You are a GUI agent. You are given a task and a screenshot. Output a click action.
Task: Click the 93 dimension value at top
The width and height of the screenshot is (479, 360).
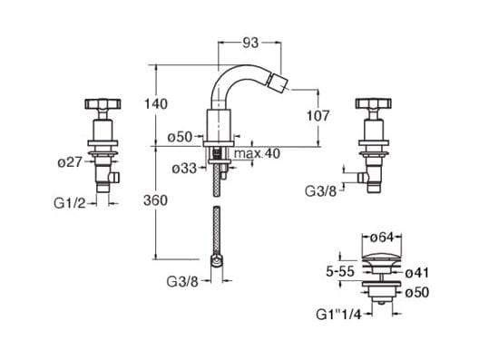[250, 43]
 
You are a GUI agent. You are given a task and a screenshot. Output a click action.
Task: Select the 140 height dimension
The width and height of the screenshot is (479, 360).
[156, 104]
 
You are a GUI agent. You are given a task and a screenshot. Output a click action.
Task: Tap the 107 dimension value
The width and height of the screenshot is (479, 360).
[318, 116]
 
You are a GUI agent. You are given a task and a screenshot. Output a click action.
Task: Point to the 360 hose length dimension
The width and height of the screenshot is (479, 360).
[156, 200]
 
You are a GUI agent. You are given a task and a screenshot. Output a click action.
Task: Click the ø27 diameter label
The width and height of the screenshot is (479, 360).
[70, 162]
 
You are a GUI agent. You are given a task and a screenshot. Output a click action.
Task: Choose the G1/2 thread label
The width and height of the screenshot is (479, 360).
[70, 203]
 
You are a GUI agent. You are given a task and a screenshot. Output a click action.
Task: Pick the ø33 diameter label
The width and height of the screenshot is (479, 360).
[184, 169]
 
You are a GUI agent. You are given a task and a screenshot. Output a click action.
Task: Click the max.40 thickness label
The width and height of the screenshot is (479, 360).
[257, 153]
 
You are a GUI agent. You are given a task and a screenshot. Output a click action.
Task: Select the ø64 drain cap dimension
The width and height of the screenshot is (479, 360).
[383, 238]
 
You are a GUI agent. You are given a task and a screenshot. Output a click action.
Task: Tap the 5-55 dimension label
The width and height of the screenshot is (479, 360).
[340, 271]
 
